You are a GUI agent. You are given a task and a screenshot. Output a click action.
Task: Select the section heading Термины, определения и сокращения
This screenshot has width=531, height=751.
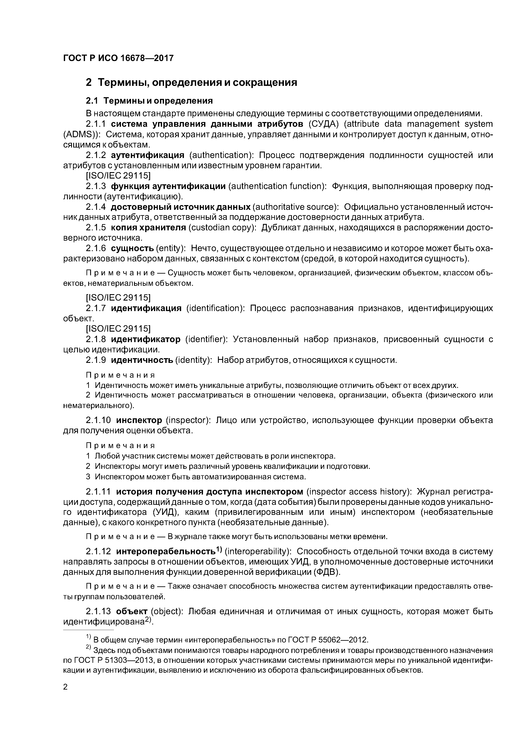tap(198, 82)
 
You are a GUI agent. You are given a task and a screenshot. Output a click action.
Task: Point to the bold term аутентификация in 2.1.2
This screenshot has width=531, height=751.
tap(148, 155)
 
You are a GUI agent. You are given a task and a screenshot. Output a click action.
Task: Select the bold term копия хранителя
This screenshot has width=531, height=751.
tap(148, 228)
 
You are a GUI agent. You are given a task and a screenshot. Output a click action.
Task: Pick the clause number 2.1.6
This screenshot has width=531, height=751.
tap(96, 248)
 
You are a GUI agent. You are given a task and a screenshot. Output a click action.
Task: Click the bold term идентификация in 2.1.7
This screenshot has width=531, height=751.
tap(146, 308)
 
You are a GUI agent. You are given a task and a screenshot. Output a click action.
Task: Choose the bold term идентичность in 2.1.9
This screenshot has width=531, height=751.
tap(142, 360)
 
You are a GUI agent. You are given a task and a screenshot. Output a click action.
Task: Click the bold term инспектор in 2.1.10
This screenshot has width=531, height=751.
tap(139, 420)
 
